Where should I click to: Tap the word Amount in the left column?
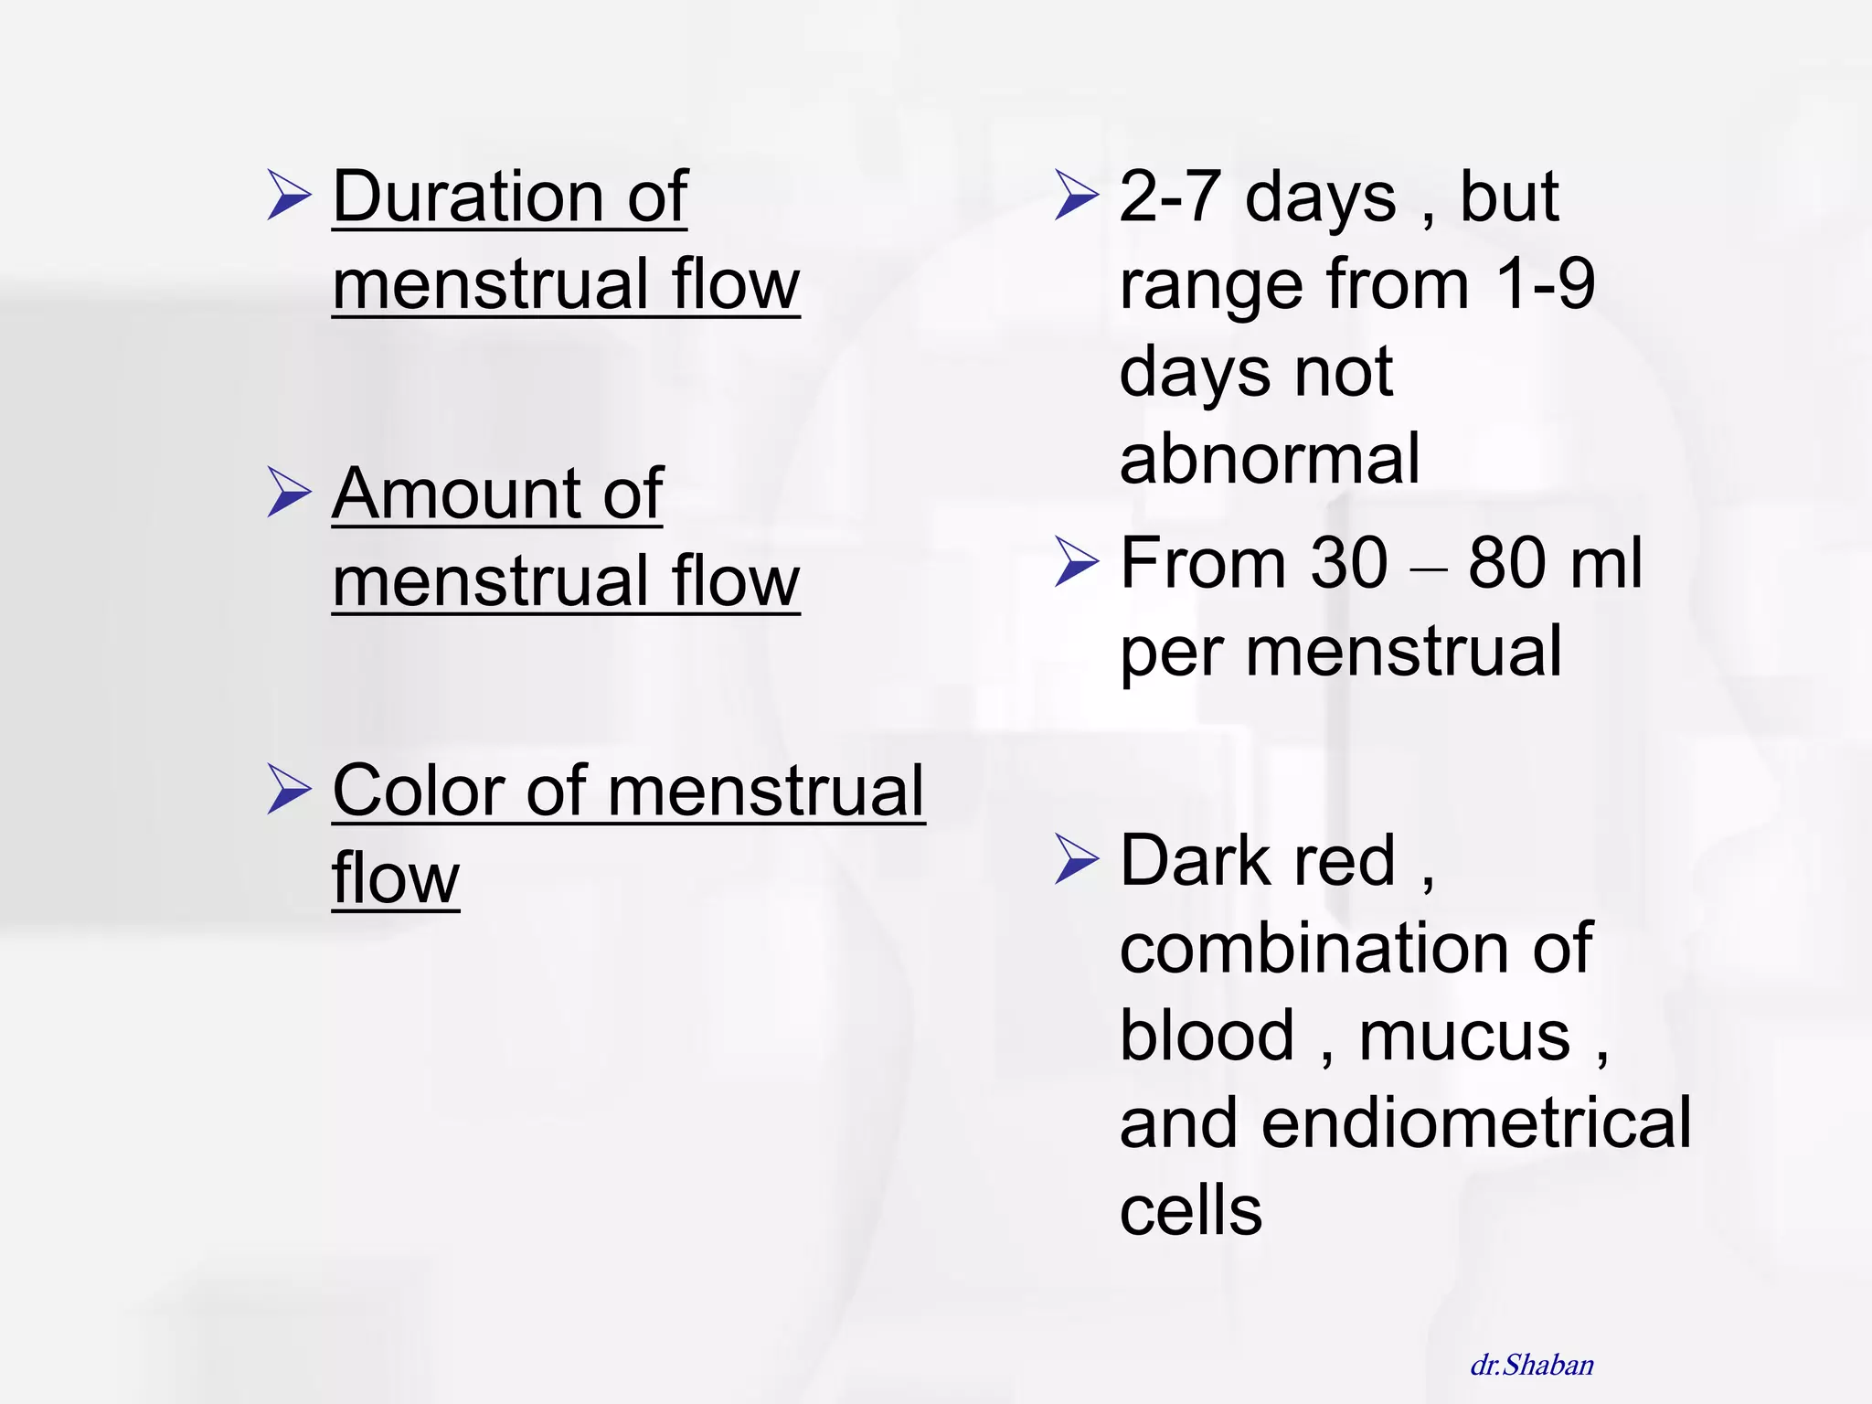pyautogui.click(x=455, y=494)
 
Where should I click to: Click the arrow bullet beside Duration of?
pyautogui.click(x=290, y=195)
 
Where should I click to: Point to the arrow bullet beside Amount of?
pyautogui.click(x=290, y=492)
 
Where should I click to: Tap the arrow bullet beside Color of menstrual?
pyautogui.click(x=290, y=789)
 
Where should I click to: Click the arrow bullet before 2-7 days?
pyautogui.click(x=1076, y=195)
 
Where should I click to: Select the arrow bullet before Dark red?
pyautogui.click(x=1076, y=859)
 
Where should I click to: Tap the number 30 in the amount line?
pyautogui.click(x=1349, y=563)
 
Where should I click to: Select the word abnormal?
pyautogui.click(x=1270, y=459)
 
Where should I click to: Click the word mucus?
pyautogui.click(x=1464, y=1036)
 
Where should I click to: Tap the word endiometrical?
pyautogui.click(x=1476, y=1123)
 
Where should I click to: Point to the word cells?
pyautogui.click(x=1191, y=1211)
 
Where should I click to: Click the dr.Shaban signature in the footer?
pyautogui.click(x=1532, y=1365)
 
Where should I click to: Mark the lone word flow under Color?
pyautogui.click(x=395, y=878)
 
